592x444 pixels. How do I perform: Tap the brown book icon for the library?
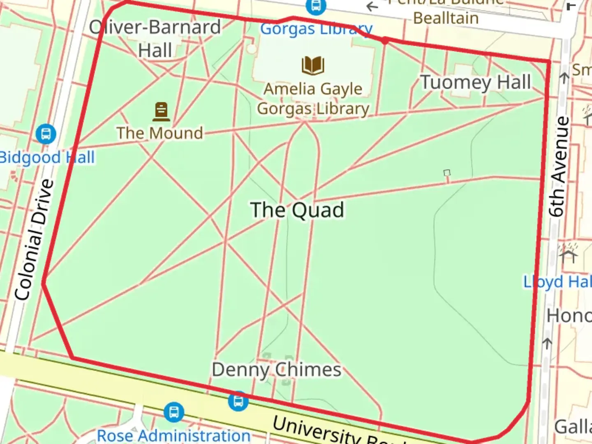(x=313, y=65)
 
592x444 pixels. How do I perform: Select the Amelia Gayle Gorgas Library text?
(x=313, y=99)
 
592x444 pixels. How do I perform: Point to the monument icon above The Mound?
(x=161, y=111)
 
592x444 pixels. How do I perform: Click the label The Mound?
(x=160, y=133)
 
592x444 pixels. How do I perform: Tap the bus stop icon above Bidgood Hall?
(x=46, y=134)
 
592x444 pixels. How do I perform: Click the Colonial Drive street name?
(x=35, y=240)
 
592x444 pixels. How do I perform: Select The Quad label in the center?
(x=297, y=210)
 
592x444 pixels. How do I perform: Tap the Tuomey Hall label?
(x=476, y=82)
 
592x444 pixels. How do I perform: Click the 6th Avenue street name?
(x=560, y=166)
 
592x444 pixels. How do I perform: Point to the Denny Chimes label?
(x=276, y=370)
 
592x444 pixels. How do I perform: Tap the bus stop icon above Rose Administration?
(x=173, y=412)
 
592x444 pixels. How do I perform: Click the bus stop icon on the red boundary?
(x=238, y=401)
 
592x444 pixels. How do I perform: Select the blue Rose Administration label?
(x=173, y=435)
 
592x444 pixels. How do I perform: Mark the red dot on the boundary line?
(x=385, y=40)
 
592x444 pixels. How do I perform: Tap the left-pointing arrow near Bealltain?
(x=372, y=7)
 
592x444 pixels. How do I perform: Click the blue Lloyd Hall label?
(x=557, y=282)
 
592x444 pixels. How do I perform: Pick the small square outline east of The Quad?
(x=447, y=173)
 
